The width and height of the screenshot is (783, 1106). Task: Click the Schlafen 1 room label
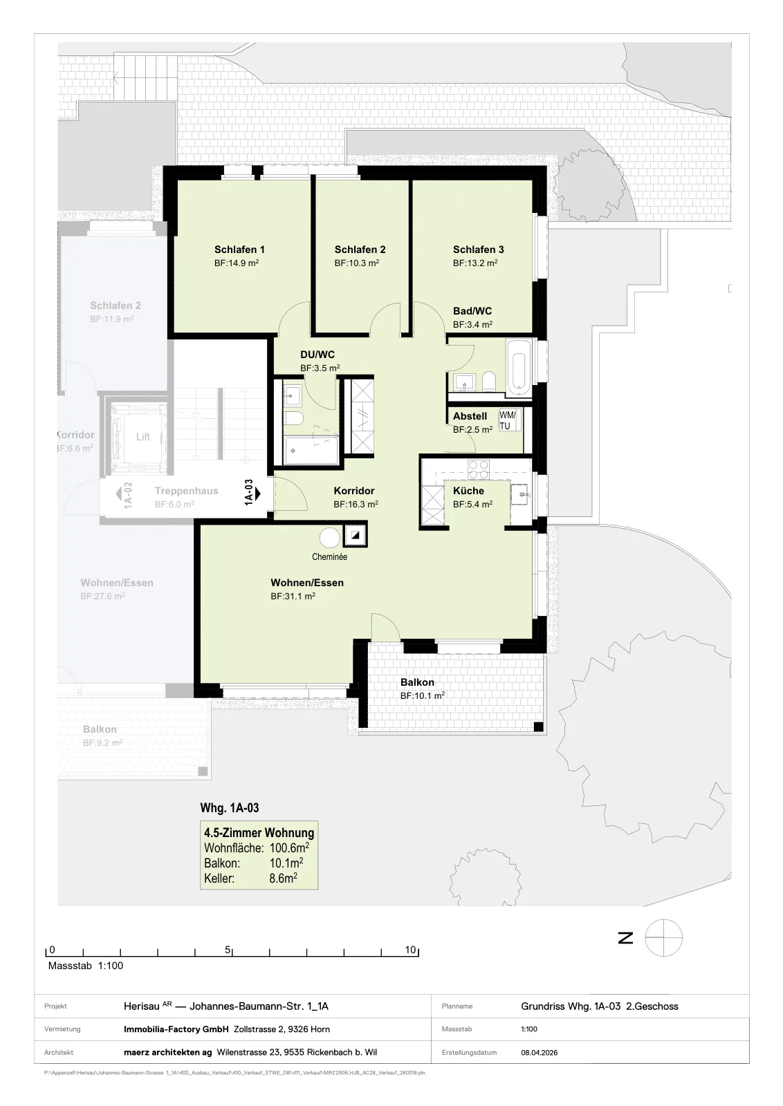[x=239, y=250]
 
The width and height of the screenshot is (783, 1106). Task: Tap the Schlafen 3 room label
[x=478, y=250]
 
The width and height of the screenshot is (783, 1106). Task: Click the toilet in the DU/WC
[x=294, y=419]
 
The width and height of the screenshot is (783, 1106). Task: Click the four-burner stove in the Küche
[x=478, y=469]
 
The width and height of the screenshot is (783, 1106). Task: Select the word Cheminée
[x=329, y=556]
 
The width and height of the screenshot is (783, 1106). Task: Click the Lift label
[x=142, y=436]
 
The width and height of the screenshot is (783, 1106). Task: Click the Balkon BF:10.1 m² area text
[x=423, y=695]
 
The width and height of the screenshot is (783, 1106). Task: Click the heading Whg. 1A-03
[x=229, y=807]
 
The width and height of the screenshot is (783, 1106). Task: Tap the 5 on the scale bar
[x=228, y=950]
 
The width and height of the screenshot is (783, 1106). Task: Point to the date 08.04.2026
[x=539, y=1052]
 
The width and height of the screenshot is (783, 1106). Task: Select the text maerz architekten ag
[x=168, y=1052]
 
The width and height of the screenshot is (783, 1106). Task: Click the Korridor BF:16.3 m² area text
[x=356, y=504]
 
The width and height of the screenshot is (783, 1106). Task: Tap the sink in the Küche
[x=521, y=494]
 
